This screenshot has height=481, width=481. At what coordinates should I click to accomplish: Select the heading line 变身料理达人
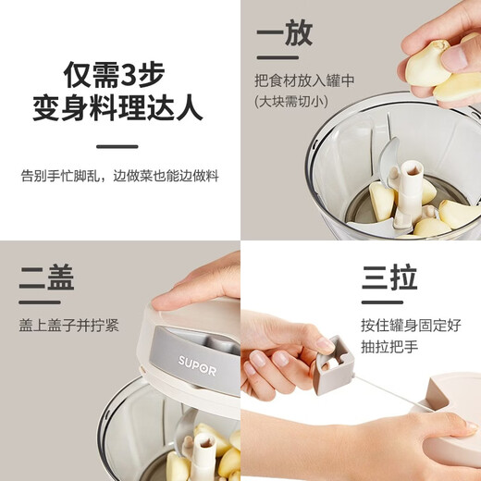click(x=118, y=109)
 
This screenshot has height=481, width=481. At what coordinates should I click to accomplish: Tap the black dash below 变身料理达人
click(x=117, y=145)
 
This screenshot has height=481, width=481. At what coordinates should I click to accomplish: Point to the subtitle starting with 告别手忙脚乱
click(x=118, y=176)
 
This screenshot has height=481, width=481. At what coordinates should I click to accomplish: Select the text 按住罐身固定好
click(x=411, y=326)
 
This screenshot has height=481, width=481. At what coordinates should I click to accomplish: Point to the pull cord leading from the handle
click(x=388, y=394)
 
